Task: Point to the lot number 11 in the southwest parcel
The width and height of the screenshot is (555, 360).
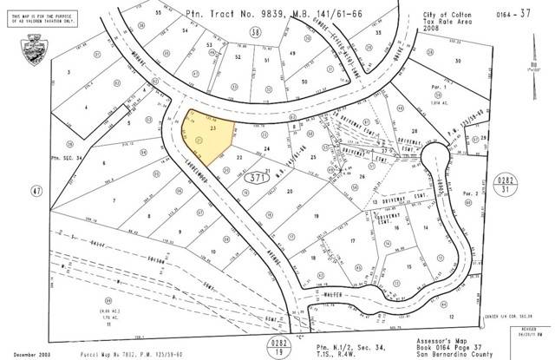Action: (x=111, y=299)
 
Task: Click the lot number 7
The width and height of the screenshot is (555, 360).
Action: (x=114, y=200)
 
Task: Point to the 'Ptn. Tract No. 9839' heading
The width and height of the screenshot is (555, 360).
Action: (x=228, y=13)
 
